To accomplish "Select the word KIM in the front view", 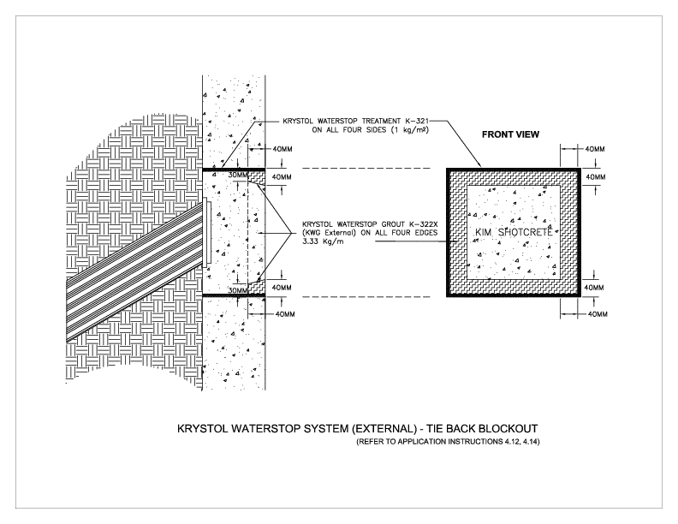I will pyautogui.click(x=485, y=233).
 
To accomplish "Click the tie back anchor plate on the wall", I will pyautogui.click(x=207, y=231).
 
